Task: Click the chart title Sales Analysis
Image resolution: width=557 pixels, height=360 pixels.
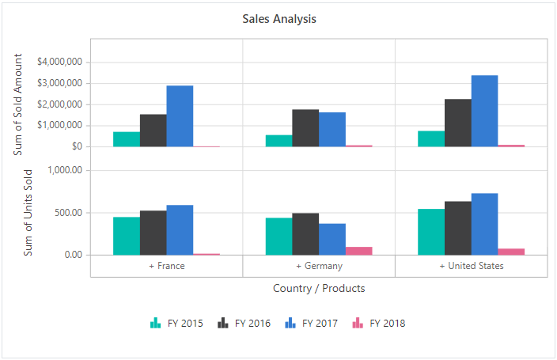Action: pyautogui.click(x=279, y=19)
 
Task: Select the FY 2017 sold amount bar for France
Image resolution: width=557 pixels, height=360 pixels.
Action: pyautogui.click(x=180, y=116)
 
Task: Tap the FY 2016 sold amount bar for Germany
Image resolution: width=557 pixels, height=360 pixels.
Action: pyautogui.click(x=305, y=127)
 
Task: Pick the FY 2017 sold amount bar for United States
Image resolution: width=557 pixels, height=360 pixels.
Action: pyautogui.click(x=484, y=111)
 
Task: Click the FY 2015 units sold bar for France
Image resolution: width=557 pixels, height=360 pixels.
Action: pyautogui.click(x=127, y=236)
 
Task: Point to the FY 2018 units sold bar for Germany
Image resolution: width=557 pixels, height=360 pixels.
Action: pyautogui.click(x=358, y=251)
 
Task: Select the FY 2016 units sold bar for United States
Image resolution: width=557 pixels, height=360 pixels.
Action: pyautogui.click(x=458, y=228)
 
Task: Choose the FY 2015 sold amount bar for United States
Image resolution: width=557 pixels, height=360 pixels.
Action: pyautogui.click(x=431, y=138)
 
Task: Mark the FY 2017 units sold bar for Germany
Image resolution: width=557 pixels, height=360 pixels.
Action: pyautogui.click(x=332, y=239)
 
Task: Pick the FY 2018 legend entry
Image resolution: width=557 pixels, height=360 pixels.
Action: pyautogui.click(x=379, y=323)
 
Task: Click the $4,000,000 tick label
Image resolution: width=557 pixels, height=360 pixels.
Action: pyautogui.click(x=60, y=62)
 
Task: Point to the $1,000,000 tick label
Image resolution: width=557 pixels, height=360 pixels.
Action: pyautogui.click(x=60, y=125)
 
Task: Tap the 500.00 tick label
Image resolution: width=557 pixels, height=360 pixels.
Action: pyautogui.click(x=66, y=213)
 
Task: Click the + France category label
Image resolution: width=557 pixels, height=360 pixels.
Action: pyautogui.click(x=167, y=266)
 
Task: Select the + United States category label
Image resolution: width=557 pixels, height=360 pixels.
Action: pyautogui.click(x=472, y=266)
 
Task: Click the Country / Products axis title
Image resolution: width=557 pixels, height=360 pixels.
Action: pyautogui.click(x=319, y=289)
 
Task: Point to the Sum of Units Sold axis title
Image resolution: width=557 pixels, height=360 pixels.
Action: pyautogui.click(x=28, y=211)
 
